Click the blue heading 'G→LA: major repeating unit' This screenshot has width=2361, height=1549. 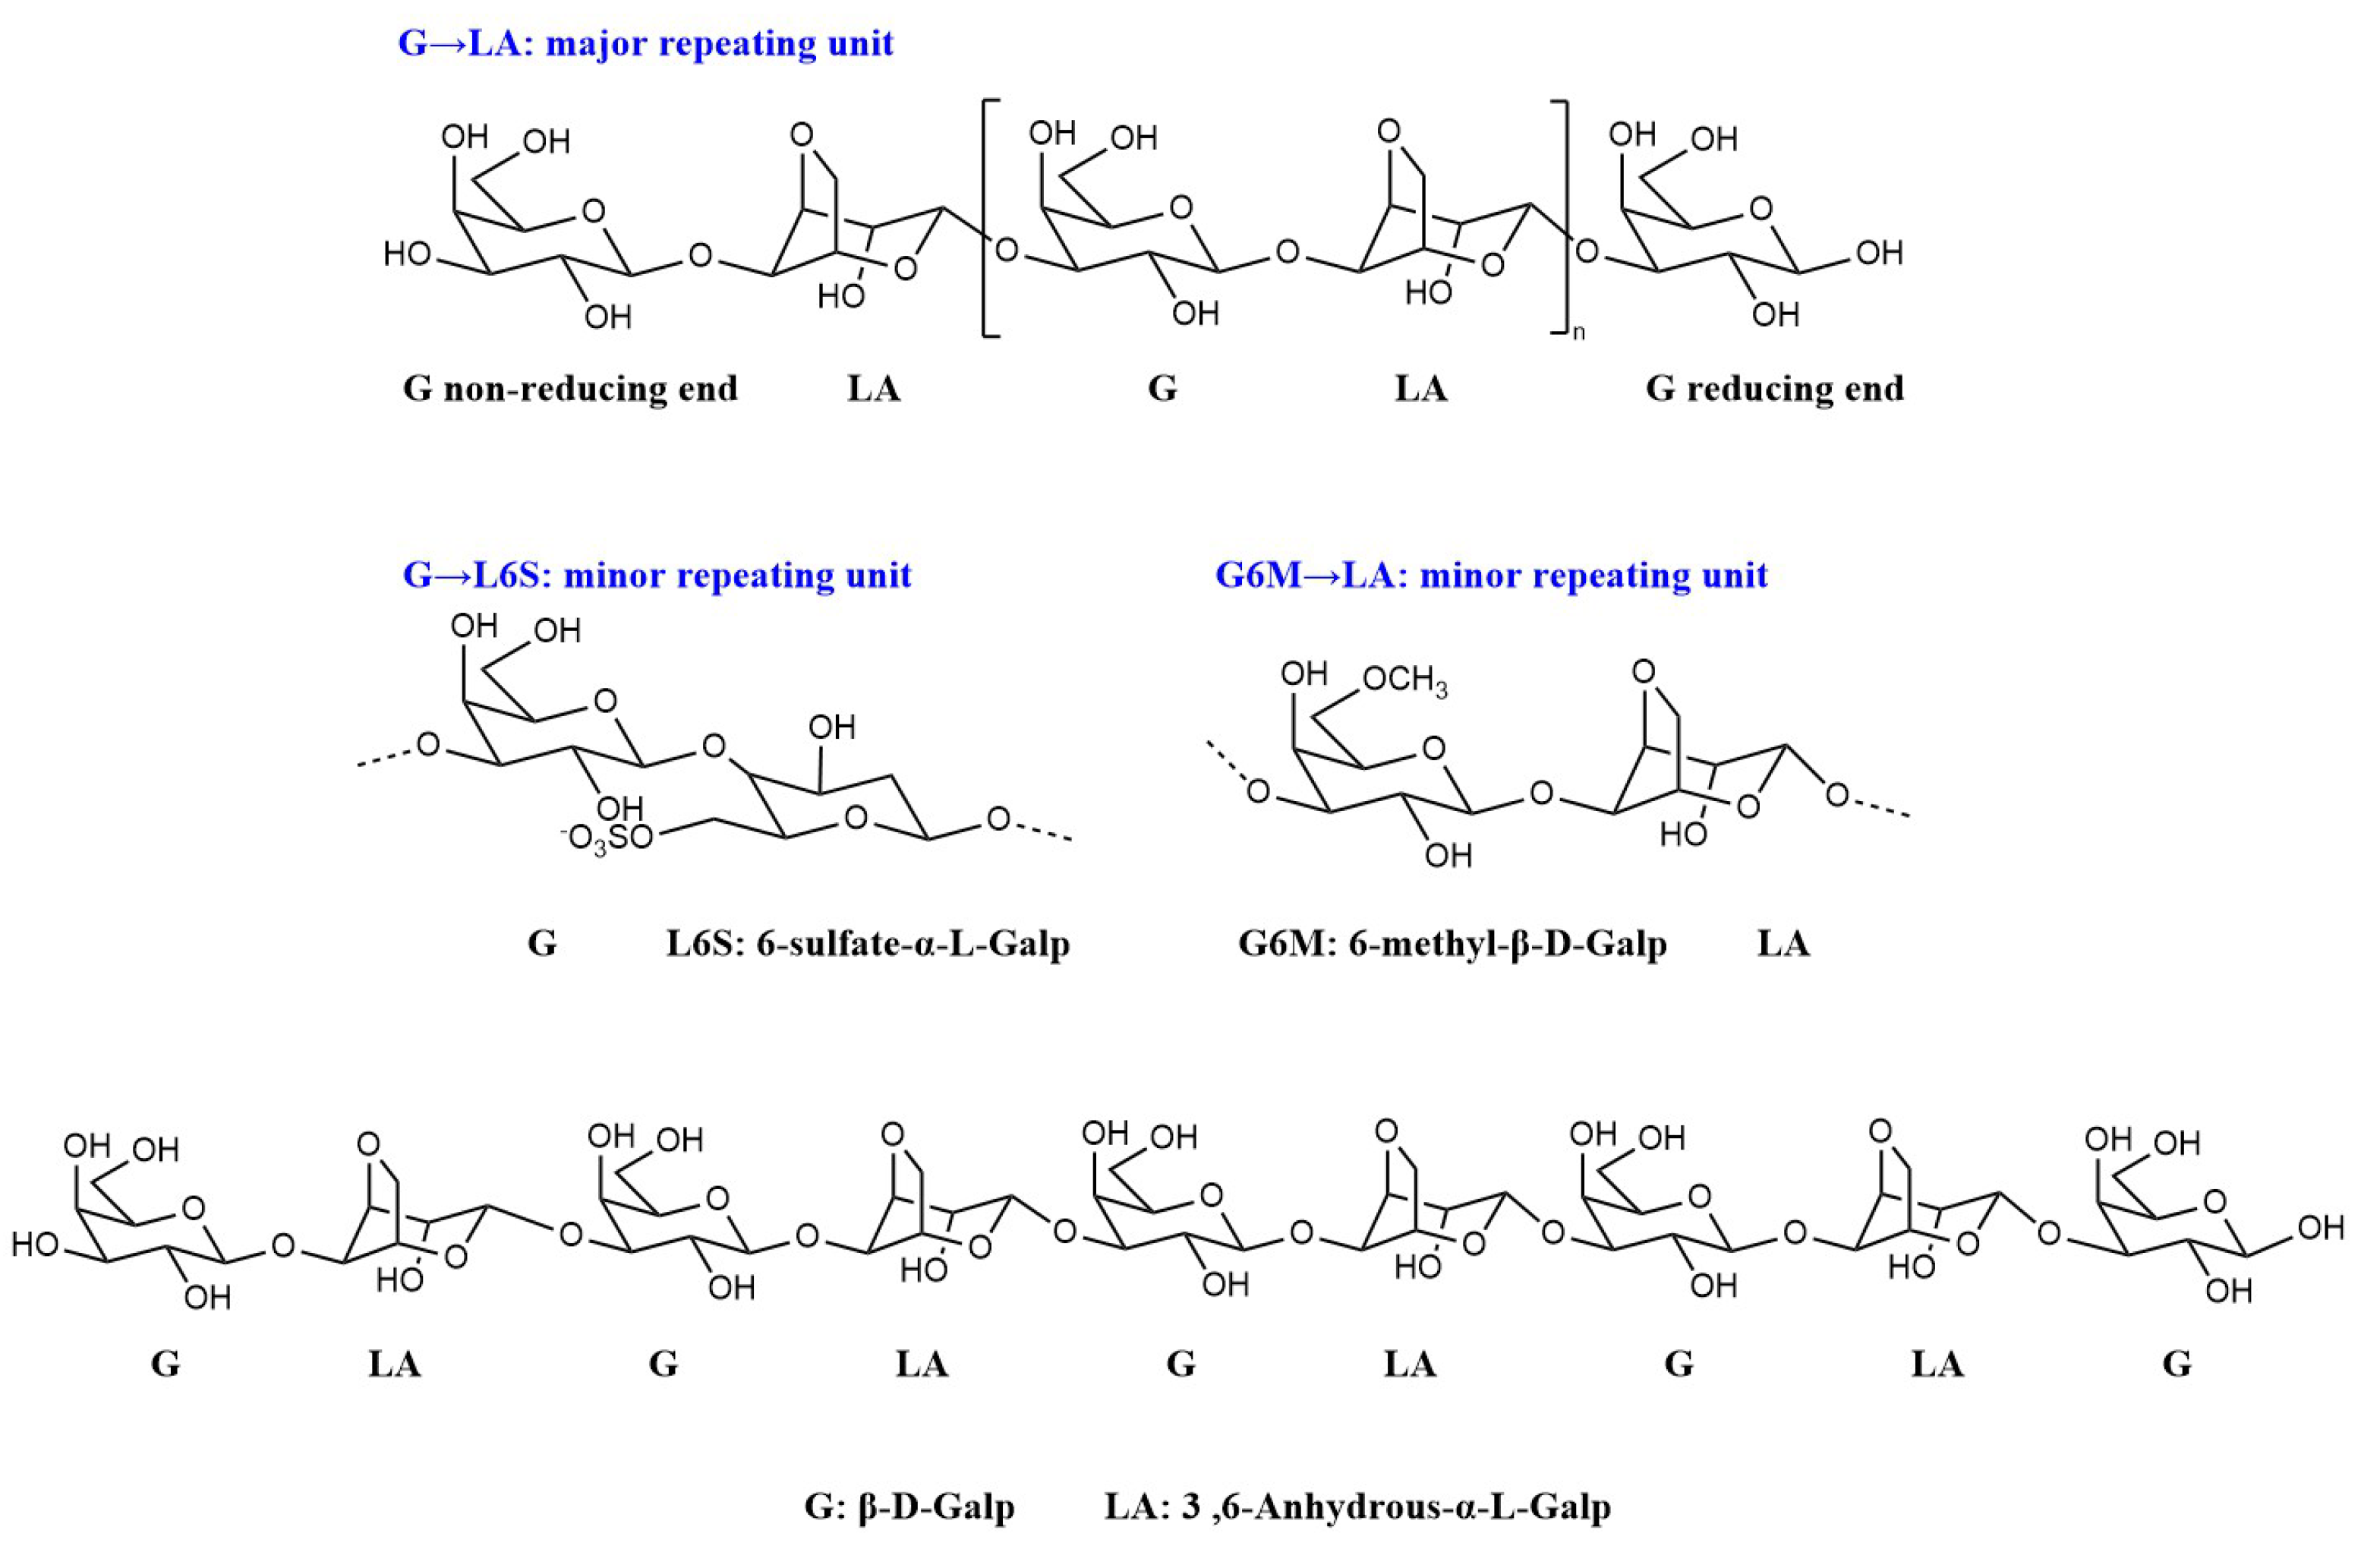[x=646, y=44]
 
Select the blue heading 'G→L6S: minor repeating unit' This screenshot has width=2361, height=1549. [x=657, y=576]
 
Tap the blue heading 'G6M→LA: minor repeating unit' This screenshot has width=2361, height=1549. [x=1491, y=576]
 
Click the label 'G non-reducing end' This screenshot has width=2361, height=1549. [x=570, y=388]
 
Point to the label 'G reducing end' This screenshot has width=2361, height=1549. [x=1775, y=388]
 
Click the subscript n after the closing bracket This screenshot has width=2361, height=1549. [x=1579, y=333]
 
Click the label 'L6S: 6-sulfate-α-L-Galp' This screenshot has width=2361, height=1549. [x=868, y=943]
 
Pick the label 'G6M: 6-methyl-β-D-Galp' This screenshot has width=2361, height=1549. [x=1452, y=943]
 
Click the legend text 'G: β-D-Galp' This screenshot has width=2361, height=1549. [x=909, y=1506]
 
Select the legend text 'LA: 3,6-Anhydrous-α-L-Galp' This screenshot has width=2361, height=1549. [x=1357, y=1506]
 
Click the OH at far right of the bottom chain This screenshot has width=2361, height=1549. [x=2322, y=1229]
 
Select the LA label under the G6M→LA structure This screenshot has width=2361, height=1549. [x=1783, y=943]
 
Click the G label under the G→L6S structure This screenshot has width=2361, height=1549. [x=541, y=943]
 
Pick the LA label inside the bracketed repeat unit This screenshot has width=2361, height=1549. [x=1420, y=388]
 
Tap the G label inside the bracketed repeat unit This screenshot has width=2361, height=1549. [x=1162, y=388]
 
